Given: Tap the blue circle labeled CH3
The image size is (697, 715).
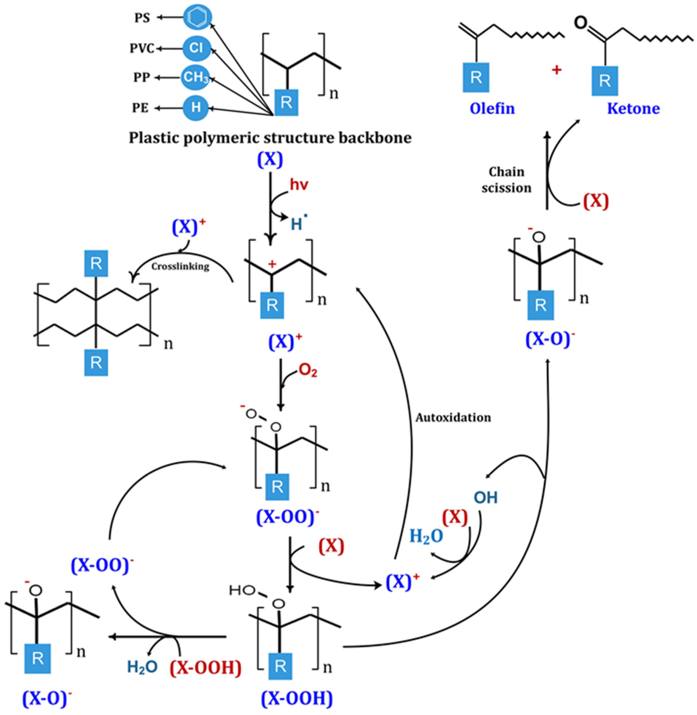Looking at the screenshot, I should (x=195, y=77).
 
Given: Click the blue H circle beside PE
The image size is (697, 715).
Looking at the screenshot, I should (x=196, y=108).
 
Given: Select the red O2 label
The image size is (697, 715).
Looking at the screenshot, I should (x=308, y=371).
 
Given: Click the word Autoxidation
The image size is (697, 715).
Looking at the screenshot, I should (x=453, y=417).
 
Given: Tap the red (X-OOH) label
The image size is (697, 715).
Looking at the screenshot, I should (x=205, y=668).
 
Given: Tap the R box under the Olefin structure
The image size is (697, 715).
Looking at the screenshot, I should (x=476, y=77).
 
